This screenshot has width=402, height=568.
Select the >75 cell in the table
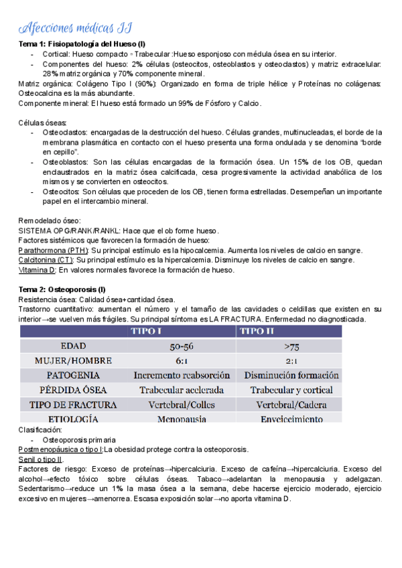click(291, 346)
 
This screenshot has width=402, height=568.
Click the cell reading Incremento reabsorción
click(182, 375)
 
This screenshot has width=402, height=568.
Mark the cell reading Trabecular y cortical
click(291, 390)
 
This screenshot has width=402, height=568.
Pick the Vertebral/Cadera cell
click(291, 405)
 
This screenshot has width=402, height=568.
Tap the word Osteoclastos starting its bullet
click(62, 132)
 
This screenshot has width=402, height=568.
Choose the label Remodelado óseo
click(49, 220)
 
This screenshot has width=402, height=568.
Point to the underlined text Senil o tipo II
click(40, 459)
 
